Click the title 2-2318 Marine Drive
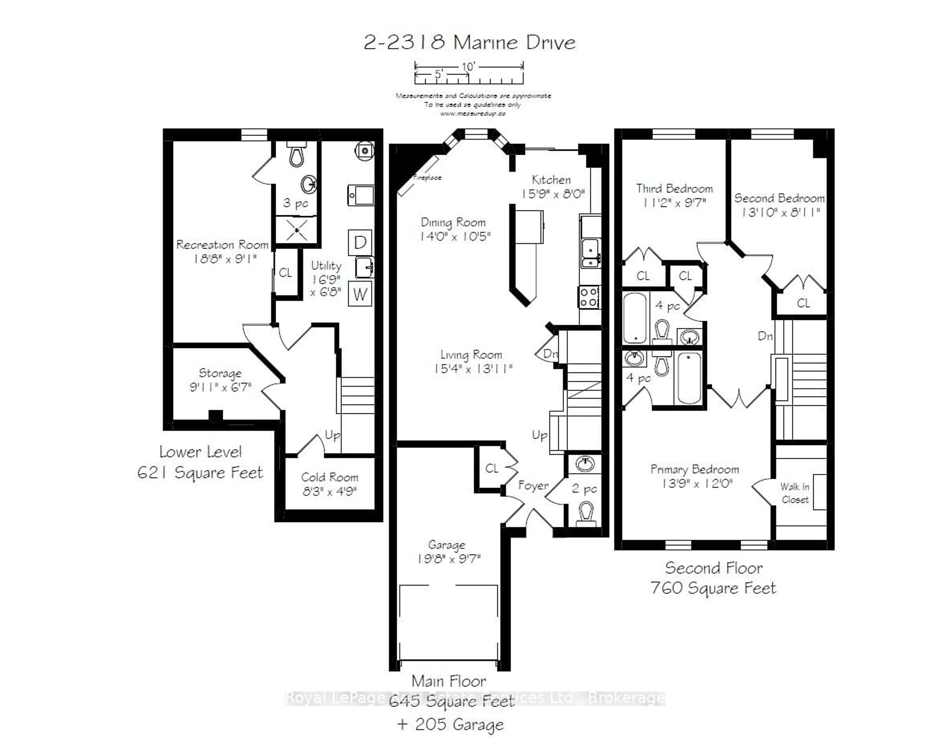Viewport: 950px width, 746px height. [x=469, y=42]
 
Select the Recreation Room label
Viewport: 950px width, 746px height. [x=222, y=245]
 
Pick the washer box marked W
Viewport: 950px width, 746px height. [x=360, y=294]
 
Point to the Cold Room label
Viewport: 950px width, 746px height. [x=330, y=477]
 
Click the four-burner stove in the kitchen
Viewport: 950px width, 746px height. [x=589, y=297]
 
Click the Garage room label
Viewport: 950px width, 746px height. [x=446, y=545]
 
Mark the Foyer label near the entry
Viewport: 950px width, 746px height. [x=533, y=485]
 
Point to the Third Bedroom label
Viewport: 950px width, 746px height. [x=674, y=189]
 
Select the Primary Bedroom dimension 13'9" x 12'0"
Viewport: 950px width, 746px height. [x=697, y=483]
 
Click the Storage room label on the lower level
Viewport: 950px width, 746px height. [x=220, y=373]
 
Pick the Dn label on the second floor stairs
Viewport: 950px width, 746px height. [x=765, y=336]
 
